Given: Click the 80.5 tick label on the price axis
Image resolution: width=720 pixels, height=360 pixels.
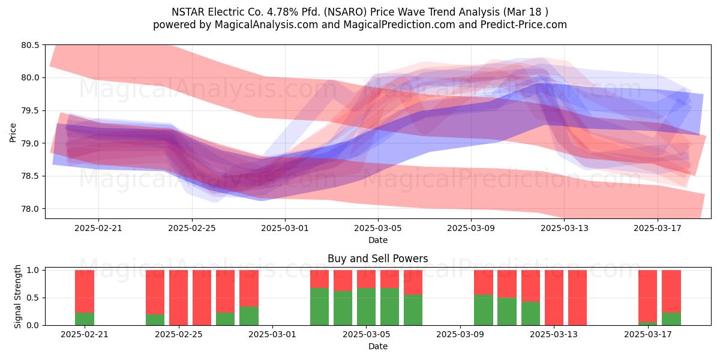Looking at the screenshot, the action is coord(30,45).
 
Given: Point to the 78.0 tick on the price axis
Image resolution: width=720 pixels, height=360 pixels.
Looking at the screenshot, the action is coord(30,209).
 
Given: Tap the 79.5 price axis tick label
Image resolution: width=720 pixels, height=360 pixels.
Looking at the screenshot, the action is coord(30,110).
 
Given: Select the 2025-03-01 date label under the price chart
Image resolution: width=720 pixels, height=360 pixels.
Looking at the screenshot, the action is coord(285,228).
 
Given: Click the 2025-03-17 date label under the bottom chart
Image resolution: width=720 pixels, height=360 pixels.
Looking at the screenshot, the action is coord(647,335).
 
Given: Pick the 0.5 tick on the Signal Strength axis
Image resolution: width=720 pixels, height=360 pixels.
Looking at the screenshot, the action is coord(32,298).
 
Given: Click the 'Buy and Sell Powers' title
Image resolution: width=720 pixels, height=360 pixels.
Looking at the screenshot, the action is coord(377,259).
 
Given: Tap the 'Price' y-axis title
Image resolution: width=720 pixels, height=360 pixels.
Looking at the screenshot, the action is coord(13,133).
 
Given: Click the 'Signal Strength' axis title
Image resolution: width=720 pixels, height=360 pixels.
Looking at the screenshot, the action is coord(17,296).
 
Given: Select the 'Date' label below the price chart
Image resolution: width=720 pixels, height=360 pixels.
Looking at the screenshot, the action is coord(378,240).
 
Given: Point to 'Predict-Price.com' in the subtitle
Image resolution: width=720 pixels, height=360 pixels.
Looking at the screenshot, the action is coord(524,25).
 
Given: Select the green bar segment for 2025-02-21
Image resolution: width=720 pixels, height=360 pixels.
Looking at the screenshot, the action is coord(85,319).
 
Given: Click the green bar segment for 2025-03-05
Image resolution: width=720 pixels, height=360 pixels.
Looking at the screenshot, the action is coord(366,307).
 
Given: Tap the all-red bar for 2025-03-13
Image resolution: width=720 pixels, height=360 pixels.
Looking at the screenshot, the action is coord(554,298).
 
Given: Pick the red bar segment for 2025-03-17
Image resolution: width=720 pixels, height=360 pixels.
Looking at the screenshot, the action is coord(647,296).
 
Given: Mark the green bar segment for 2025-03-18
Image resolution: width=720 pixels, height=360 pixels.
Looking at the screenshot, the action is coord(671,319).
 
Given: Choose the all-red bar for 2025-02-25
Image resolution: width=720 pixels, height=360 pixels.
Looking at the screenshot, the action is coord(178,298).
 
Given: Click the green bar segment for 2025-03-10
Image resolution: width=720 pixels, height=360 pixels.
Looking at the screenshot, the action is coord(484,310).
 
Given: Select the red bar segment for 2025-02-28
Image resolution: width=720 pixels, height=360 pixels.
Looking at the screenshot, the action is coord(249,289).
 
